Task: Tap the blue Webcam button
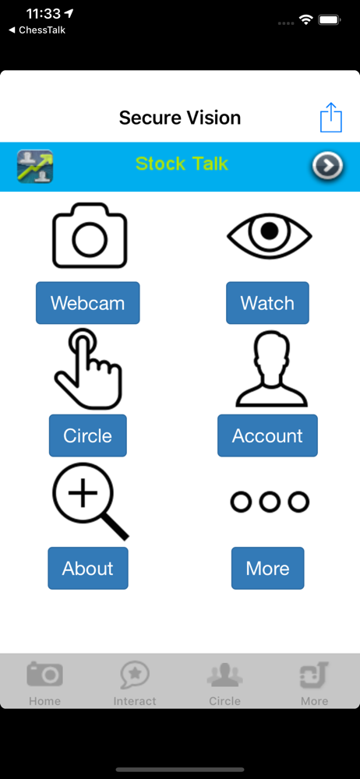[87, 302]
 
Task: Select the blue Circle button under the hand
[87, 435]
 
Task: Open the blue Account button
[267, 435]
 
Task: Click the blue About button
[88, 568]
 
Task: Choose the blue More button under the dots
[267, 568]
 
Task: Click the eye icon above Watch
[270, 234]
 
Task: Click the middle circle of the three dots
[270, 502]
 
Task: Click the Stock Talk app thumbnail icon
[35, 166]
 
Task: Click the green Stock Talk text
[182, 164]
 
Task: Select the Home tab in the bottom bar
[44, 684]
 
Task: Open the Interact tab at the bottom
[135, 684]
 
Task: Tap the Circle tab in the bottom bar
[224, 684]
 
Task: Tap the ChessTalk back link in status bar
[37, 30]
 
